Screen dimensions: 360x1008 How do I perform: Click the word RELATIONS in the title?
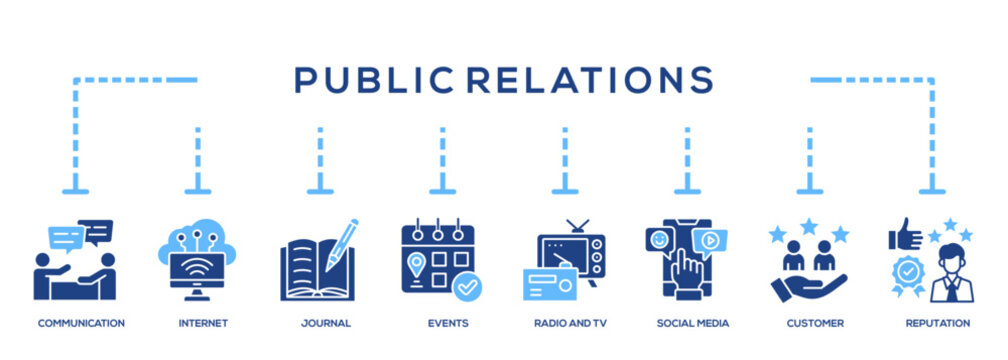(590, 80)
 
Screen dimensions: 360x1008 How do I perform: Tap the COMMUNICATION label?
(81, 323)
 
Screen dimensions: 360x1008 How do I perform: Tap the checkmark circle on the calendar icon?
(467, 286)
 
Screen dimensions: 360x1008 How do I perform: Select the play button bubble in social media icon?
(710, 241)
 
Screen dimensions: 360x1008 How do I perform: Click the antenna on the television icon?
(577, 226)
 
